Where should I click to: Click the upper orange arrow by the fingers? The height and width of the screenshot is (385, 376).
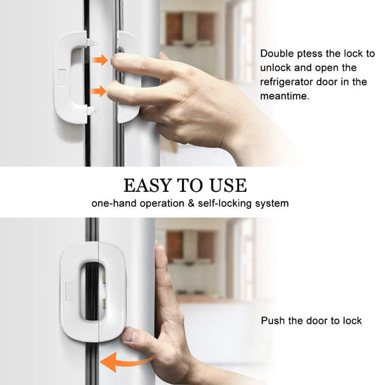[x=101, y=61]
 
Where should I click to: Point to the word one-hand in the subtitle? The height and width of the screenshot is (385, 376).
[x=111, y=203]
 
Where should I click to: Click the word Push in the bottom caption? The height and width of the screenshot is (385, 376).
[x=273, y=321]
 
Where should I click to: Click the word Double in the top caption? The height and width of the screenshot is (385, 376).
[x=277, y=54]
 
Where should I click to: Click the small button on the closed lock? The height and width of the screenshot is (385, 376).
[x=70, y=288]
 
